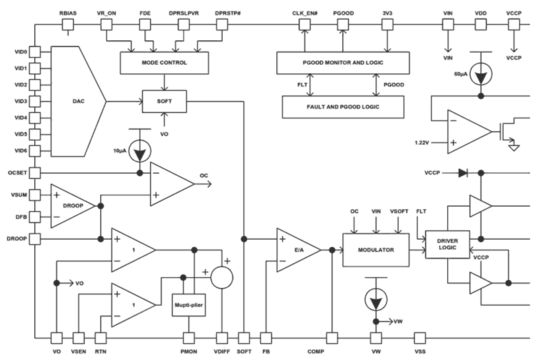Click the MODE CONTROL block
(x=164, y=63)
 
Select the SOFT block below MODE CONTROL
(x=164, y=102)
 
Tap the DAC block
(x=75, y=102)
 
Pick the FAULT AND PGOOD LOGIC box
(x=343, y=107)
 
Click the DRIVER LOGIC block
(x=447, y=244)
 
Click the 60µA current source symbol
(x=481, y=75)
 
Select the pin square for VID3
(x=35, y=102)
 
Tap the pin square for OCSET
(x=35, y=173)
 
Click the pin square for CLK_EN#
(x=304, y=25)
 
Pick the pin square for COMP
(x=332, y=338)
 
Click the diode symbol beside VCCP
(x=463, y=173)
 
